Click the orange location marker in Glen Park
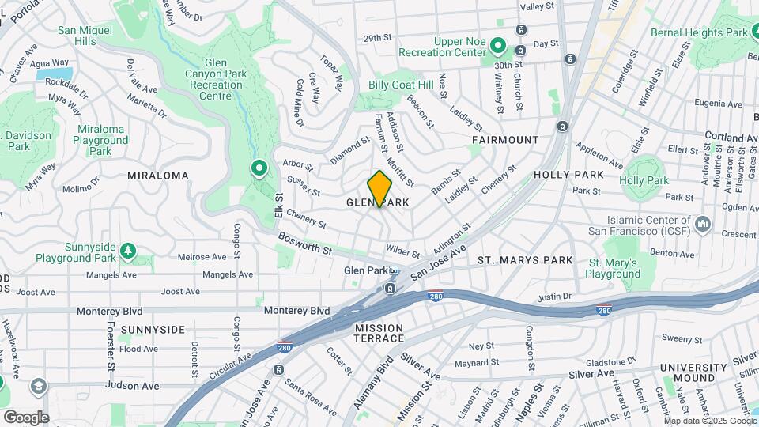379,188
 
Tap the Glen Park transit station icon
393,270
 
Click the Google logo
26,417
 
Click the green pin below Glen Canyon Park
258,168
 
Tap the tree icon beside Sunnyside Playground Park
127,251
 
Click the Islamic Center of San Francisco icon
702,225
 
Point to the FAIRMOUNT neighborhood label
505,140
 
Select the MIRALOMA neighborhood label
158,175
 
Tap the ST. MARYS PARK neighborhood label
525,260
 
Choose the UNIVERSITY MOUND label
693,373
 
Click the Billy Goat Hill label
402,85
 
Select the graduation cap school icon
38,386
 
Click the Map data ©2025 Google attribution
709,421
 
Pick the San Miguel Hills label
87,36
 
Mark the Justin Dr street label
553,297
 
